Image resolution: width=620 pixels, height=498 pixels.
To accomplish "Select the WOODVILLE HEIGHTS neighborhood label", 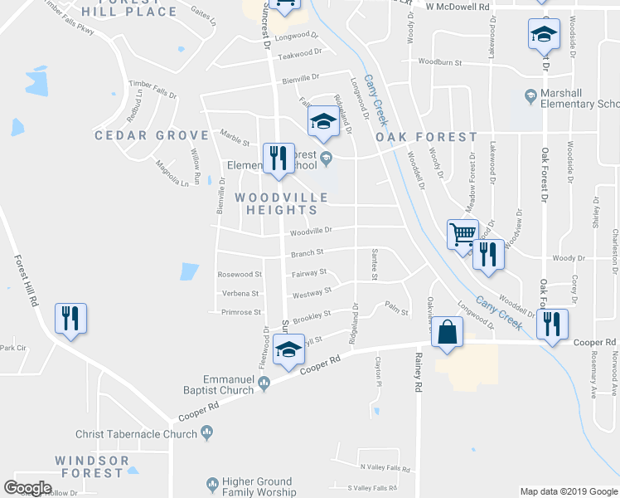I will pos(281,203).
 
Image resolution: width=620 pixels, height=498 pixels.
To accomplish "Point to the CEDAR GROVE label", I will pos(152,135).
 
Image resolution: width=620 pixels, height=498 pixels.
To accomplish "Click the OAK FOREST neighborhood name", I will pos(426,137).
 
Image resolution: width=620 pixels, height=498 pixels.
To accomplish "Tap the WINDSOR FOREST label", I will pos(91,466).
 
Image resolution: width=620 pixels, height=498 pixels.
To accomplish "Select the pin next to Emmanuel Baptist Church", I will pos(264,382).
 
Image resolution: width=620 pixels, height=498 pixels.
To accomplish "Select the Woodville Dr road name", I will pos(311,231).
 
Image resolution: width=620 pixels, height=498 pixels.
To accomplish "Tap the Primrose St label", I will pos(241,312).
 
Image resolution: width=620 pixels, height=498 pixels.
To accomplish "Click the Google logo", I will pos(27,488).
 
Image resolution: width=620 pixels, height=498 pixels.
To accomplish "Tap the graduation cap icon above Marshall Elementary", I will pos(544,36).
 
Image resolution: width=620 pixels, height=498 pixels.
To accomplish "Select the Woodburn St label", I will pos(439,61).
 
